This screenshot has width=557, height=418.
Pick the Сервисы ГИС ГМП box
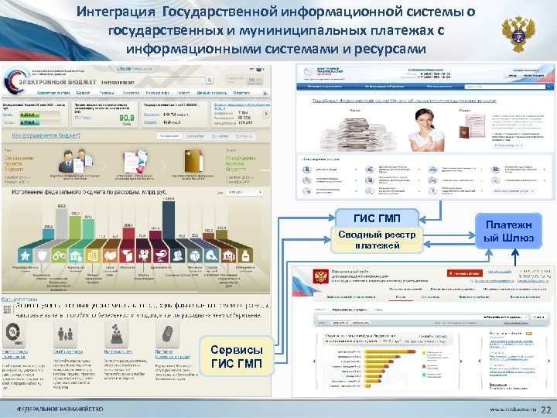236,357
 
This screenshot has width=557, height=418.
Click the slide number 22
545,409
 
